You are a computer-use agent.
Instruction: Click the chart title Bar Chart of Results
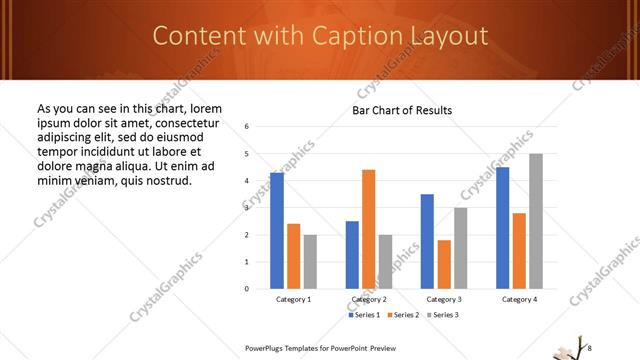[402, 110]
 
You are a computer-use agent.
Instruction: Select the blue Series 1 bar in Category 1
[277, 230]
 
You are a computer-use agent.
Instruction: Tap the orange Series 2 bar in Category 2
[368, 229]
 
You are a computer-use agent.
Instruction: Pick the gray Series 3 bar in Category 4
[536, 221]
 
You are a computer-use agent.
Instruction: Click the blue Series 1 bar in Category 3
[427, 241]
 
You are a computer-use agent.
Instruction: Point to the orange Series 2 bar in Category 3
[444, 264]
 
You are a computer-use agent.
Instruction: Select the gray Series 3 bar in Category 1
[310, 262]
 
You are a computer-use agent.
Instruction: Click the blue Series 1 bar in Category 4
[502, 228]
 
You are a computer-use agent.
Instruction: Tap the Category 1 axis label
[294, 299]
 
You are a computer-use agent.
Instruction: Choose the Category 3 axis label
[444, 299]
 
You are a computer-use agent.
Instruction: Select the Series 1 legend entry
[365, 315]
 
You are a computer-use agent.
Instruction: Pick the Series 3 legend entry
[442, 315]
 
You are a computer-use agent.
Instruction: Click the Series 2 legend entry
[403, 315]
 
